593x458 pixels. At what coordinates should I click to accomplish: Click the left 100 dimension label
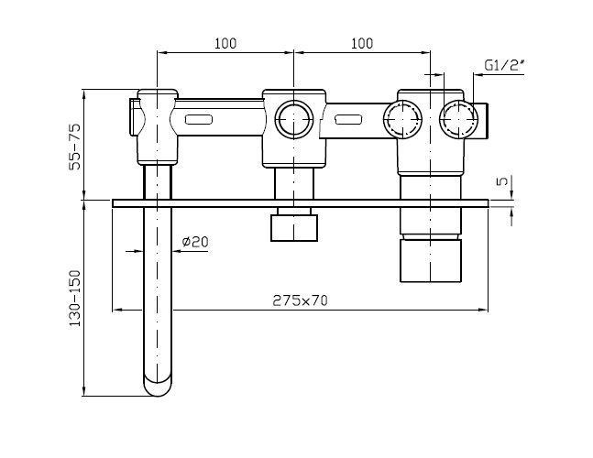[x=225, y=44]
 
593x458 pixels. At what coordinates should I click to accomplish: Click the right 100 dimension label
[x=362, y=44]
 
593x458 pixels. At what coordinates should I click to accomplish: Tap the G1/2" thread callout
[x=504, y=65]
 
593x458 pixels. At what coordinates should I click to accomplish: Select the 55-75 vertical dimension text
[x=75, y=147]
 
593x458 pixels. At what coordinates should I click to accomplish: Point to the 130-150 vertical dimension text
[x=75, y=299]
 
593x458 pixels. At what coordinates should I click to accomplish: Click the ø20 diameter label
[x=195, y=242]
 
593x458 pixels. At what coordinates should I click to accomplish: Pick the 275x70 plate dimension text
[x=300, y=300]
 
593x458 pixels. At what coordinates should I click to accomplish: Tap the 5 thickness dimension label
[x=502, y=181]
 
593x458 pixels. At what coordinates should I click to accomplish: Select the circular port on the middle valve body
[x=294, y=119]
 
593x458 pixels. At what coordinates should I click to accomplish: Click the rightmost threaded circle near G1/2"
[x=458, y=119]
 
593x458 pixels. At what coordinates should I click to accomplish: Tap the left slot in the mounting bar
[x=199, y=119]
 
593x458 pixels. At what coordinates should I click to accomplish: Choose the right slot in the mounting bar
[x=348, y=119]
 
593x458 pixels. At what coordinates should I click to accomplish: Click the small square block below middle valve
[x=294, y=228]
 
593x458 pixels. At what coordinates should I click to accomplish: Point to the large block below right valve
[x=431, y=261]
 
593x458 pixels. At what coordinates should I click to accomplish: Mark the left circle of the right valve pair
[x=402, y=119]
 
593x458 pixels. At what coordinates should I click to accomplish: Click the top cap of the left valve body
[x=158, y=93]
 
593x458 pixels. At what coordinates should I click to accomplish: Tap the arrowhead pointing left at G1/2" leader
[x=477, y=75]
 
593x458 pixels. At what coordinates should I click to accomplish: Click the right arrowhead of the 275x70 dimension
[x=483, y=310]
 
